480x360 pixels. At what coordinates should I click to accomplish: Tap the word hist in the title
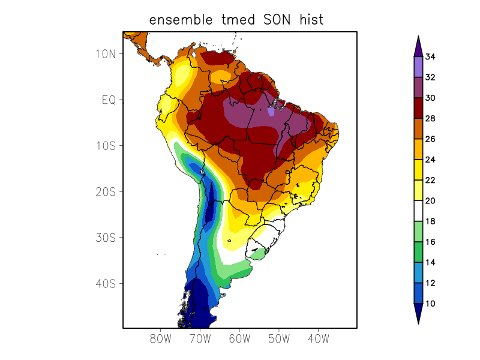(x=310, y=20)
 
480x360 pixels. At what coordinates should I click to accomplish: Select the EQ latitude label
(x=109, y=100)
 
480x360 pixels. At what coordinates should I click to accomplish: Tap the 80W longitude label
(x=161, y=338)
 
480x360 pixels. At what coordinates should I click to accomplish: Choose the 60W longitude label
(x=239, y=338)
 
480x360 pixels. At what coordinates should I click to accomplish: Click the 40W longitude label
(x=318, y=338)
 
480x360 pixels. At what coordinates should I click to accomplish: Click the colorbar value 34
(x=430, y=57)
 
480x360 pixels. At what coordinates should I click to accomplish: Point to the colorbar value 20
(x=430, y=201)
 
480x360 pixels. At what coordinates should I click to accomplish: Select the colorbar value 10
(x=430, y=304)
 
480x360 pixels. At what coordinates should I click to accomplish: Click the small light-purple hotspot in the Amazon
(x=271, y=112)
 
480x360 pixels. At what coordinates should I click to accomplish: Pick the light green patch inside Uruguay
(x=257, y=253)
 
